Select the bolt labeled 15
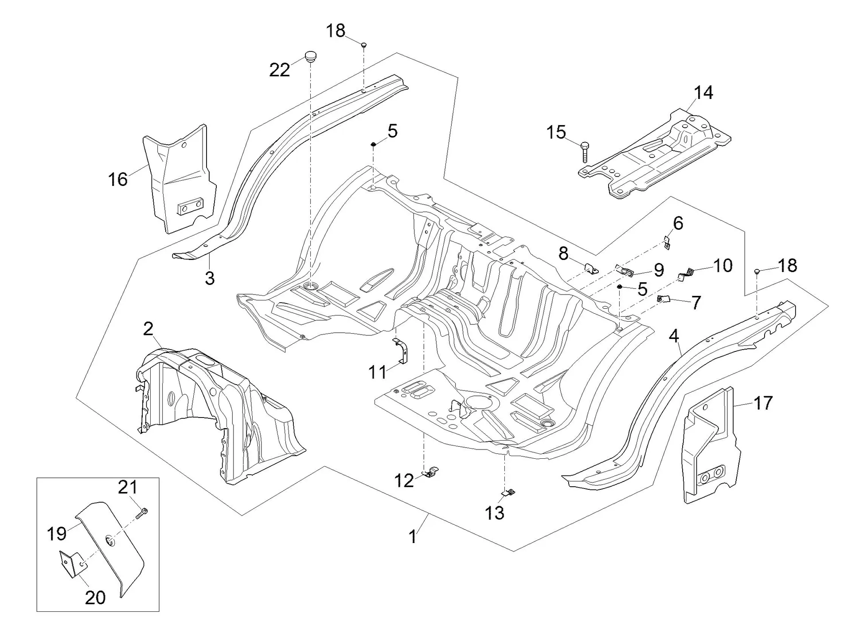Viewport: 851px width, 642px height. (x=585, y=152)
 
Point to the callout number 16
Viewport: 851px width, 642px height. (x=118, y=179)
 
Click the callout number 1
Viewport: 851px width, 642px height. (x=413, y=536)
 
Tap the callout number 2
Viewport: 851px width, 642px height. (x=148, y=329)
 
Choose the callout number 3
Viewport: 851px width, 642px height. (x=210, y=278)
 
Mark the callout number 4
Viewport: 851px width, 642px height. (x=674, y=336)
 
